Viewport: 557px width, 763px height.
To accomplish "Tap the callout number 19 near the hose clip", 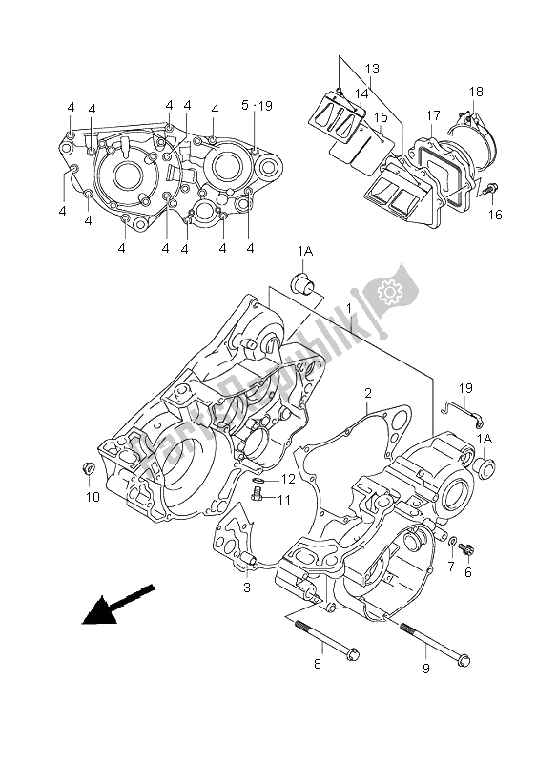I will [464, 388].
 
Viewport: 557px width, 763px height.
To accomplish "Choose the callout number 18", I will [477, 91].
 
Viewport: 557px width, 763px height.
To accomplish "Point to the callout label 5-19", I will [258, 106].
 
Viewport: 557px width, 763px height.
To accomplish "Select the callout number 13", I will [372, 69].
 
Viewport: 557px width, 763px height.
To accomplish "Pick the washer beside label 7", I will [452, 541].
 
